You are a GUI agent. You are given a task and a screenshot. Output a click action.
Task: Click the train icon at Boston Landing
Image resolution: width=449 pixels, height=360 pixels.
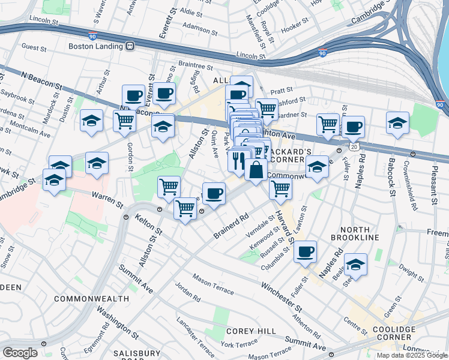(x=129, y=46)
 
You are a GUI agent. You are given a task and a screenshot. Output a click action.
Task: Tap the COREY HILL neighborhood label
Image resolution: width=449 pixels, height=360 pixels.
(x=251, y=331)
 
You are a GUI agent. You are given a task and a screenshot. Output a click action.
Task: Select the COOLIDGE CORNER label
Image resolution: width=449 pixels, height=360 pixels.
(x=394, y=334)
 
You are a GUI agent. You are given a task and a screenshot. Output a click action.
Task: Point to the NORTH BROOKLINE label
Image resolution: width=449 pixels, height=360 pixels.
(x=359, y=233)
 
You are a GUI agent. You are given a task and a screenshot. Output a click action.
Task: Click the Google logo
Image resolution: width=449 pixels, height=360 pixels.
(x=20, y=352)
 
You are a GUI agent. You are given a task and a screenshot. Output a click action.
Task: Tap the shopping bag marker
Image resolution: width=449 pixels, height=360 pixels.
(x=256, y=169)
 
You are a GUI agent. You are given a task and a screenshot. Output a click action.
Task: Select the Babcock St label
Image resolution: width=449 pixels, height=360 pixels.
(x=391, y=177)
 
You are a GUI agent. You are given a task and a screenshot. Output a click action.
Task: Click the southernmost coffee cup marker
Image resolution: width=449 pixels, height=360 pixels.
(x=305, y=251)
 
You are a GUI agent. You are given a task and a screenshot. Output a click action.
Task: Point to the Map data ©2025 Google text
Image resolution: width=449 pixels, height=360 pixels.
(x=412, y=355)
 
